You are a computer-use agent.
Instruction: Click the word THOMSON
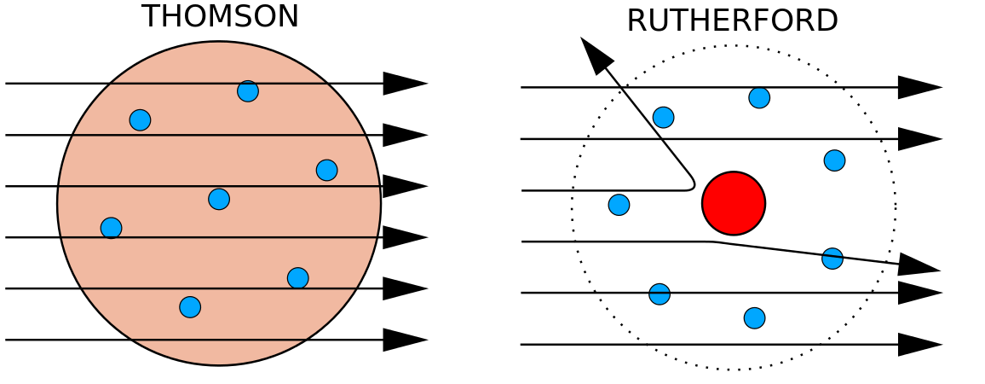pyautogui.click(x=220, y=17)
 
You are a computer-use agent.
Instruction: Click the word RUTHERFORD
pyautogui.click(x=732, y=21)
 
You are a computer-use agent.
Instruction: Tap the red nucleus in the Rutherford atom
pyautogui.click(x=734, y=203)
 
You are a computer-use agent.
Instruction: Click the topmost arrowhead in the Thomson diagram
pyautogui.click(x=404, y=84)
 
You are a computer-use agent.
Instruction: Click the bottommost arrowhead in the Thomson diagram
pyautogui.click(x=404, y=340)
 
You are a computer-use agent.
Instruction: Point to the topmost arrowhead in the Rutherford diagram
pyautogui.click(x=919, y=87)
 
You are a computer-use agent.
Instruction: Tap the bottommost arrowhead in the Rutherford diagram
pyautogui.click(x=919, y=345)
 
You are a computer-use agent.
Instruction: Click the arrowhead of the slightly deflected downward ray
pyautogui.click(x=918, y=265)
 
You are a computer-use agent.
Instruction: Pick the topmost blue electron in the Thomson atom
pyautogui.click(x=248, y=91)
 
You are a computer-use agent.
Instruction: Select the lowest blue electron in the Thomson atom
pyautogui.click(x=190, y=307)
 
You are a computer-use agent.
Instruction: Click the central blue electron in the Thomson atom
pyautogui.click(x=219, y=199)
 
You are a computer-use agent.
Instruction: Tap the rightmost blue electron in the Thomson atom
pyautogui.click(x=326, y=171)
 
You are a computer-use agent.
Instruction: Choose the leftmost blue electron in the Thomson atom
pyautogui.click(x=111, y=228)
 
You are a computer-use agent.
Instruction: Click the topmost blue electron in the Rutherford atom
pyautogui.click(x=759, y=97)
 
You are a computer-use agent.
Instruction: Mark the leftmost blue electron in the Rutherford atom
pyautogui.click(x=619, y=205)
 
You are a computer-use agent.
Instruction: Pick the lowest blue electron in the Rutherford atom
pyautogui.click(x=754, y=318)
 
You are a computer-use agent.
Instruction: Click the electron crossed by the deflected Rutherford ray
pyautogui.click(x=832, y=259)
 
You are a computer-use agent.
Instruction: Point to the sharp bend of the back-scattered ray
pyautogui.click(x=693, y=184)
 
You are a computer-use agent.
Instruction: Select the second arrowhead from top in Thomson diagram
pyautogui.click(x=404, y=135)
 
